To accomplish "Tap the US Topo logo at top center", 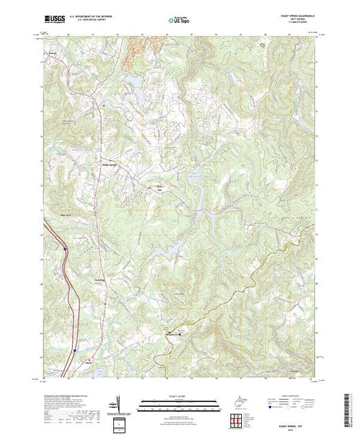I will click(178, 21).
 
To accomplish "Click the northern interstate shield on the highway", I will click(64, 247).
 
